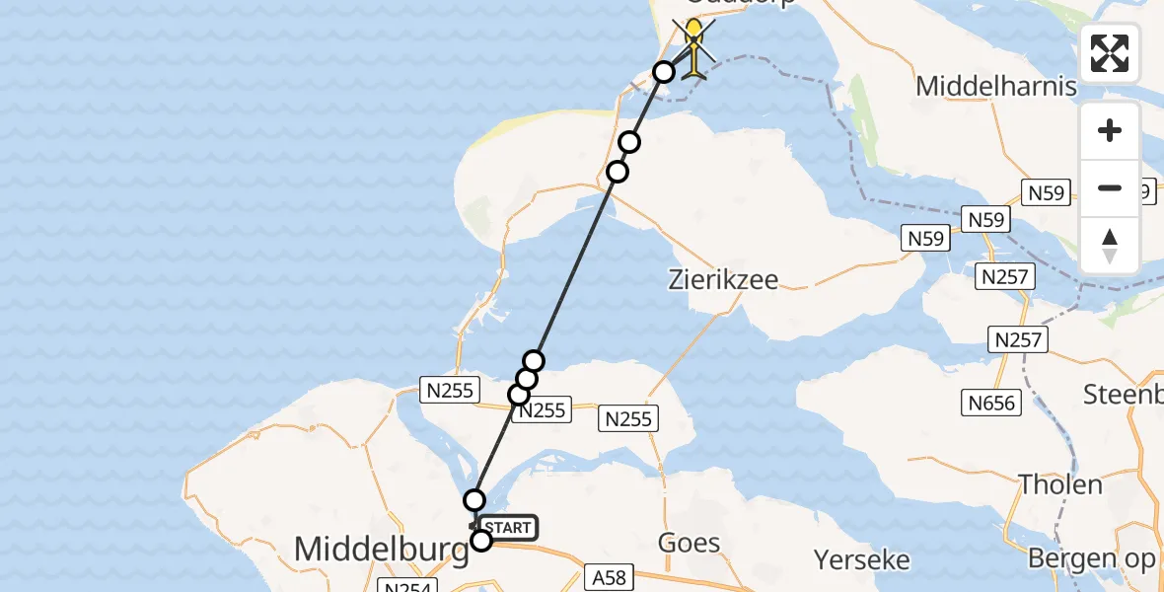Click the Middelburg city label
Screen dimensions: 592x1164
pyautogui.click(x=382, y=550)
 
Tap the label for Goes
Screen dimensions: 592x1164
pyautogui.click(x=689, y=543)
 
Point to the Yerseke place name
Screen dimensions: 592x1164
pyautogui.click(x=861, y=560)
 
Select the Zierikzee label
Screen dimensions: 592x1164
pyautogui.click(x=723, y=280)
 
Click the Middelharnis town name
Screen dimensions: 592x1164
pyautogui.click(x=995, y=86)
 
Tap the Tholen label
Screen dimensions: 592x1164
pyautogui.click(x=1060, y=484)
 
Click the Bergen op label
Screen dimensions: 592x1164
pyautogui.click(x=1093, y=558)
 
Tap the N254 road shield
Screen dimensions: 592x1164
pyautogui.click(x=405, y=585)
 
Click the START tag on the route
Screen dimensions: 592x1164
pyautogui.click(x=509, y=528)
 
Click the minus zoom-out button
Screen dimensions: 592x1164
pyautogui.click(x=1110, y=188)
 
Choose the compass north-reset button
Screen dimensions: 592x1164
pyautogui.click(x=1110, y=246)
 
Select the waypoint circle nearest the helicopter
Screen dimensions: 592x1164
pyautogui.click(x=664, y=71)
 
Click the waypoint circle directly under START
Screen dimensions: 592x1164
pyautogui.click(x=481, y=540)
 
